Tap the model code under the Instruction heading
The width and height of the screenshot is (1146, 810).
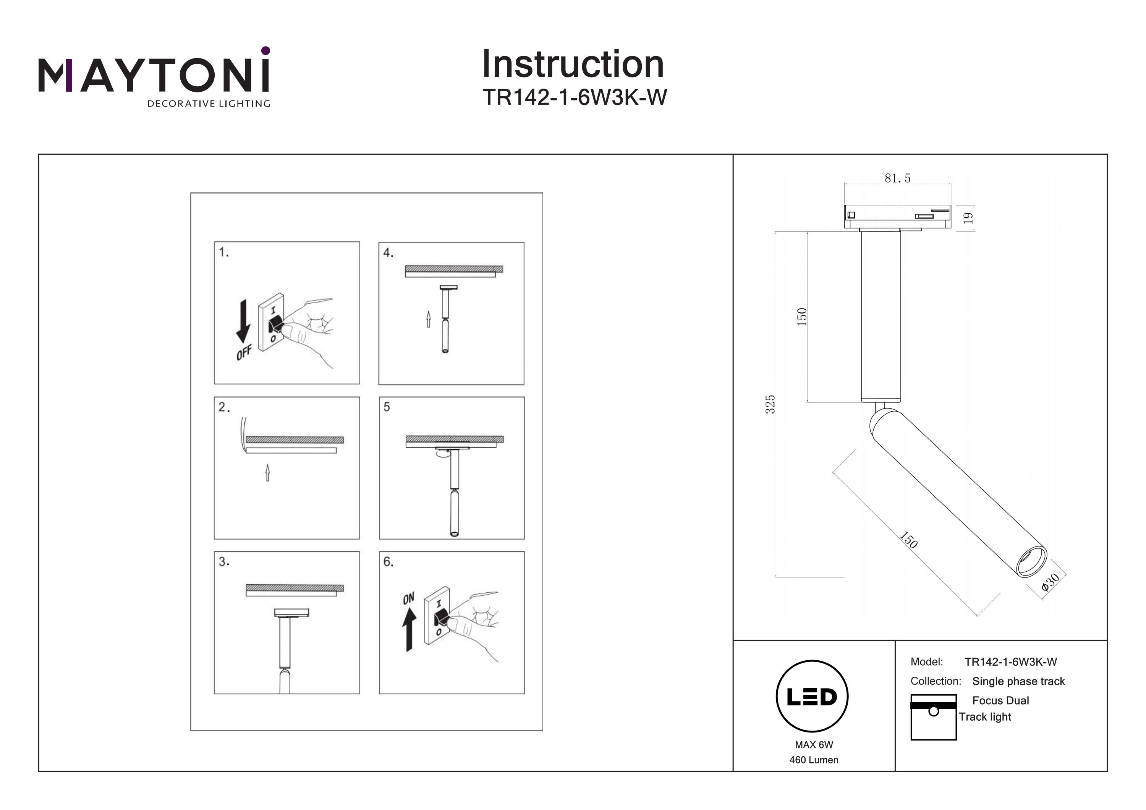click(x=574, y=98)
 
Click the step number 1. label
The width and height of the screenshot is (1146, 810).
click(x=223, y=252)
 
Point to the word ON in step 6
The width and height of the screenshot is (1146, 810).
click(x=408, y=598)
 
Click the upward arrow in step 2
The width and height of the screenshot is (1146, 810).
click(x=267, y=473)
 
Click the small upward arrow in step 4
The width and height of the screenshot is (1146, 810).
click(x=428, y=319)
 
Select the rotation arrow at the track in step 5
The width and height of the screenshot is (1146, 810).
click(x=441, y=454)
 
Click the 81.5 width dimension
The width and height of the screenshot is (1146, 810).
click(x=897, y=178)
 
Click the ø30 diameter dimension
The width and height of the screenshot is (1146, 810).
click(x=1050, y=582)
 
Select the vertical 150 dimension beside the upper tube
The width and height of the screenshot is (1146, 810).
click(x=801, y=317)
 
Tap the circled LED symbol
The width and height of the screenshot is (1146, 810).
click(x=812, y=696)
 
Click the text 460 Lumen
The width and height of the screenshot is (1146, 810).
click(x=814, y=760)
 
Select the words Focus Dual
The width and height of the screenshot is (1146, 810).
click(x=1000, y=700)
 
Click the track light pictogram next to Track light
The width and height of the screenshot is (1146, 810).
click(x=933, y=717)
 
